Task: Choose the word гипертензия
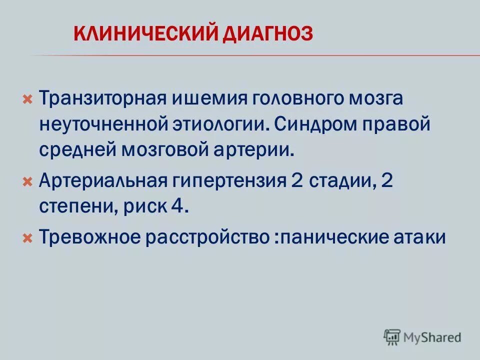click(228, 180)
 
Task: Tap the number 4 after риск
click(178, 207)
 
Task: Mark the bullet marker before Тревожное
click(28, 237)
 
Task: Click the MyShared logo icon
click(393, 337)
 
